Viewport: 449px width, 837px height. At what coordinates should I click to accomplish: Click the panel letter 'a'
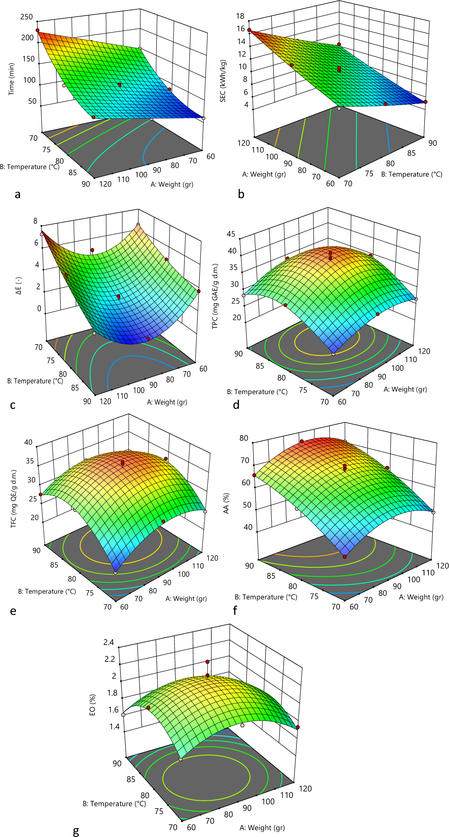(x=17, y=195)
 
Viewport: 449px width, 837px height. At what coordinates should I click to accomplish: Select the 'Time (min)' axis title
(x=11, y=79)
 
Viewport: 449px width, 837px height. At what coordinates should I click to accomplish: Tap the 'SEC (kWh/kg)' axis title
(x=223, y=81)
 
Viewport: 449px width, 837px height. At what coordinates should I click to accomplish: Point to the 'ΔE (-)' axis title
(x=19, y=285)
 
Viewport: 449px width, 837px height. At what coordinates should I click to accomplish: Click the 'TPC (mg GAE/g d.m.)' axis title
(x=215, y=296)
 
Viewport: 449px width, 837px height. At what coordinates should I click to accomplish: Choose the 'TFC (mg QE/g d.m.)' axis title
(x=14, y=498)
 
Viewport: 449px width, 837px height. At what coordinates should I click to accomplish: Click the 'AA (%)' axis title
(x=226, y=503)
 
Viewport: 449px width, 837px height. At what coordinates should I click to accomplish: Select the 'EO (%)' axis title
(x=93, y=705)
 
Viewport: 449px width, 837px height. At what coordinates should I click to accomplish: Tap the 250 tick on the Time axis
(x=27, y=17)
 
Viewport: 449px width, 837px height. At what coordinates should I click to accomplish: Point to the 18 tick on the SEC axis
(x=240, y=16)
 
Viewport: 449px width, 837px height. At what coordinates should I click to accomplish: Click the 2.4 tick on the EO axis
(x=109, y=642)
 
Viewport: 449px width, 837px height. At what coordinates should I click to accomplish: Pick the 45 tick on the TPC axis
(x=231, y=234)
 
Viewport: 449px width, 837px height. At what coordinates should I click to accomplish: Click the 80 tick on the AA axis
(x=244, y=438)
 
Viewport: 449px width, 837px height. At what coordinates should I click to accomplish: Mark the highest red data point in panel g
(x=207, y=661)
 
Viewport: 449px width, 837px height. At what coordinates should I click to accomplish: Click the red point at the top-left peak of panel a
(x=37, y=30)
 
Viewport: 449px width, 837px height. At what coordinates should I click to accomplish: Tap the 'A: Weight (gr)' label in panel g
(x=262, y=827)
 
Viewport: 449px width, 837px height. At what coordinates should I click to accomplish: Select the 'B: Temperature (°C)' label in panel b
(x=411, y=174)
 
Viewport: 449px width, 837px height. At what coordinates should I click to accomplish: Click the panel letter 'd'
(x=236, y=405)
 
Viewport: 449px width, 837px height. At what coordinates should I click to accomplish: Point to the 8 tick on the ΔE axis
(x=35, y=221)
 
